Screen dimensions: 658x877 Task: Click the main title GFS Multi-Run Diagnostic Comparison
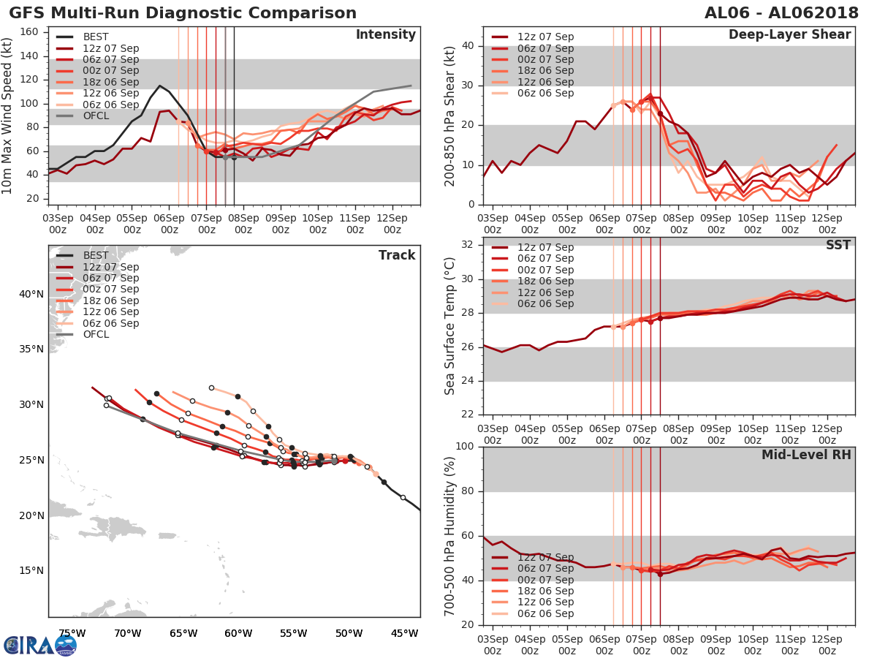click(183, 13)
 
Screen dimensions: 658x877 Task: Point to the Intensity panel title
click(385, 34)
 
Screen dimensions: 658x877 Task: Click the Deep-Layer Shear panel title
click(789, 34)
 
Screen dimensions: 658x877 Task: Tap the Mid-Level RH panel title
click(806, 455)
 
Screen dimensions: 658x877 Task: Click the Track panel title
click(397, 255)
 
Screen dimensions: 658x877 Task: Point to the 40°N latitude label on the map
click(31, 294)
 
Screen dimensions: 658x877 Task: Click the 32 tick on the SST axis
click(466, 244)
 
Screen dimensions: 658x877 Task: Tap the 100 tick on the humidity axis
click(463, 446)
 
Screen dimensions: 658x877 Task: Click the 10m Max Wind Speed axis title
click(8, 116)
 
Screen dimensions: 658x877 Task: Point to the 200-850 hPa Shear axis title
click(450, 116)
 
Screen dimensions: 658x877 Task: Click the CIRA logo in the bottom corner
click(40, 645)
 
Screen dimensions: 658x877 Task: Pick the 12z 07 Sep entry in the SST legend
click(545, 247)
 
